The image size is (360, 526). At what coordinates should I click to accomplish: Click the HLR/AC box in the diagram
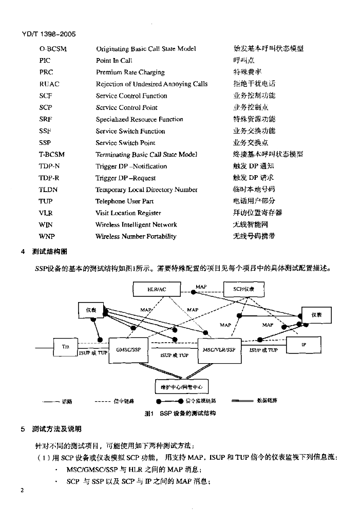click(x=157, y=289)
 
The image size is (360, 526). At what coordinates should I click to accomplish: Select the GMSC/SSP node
click(x=128, y=350)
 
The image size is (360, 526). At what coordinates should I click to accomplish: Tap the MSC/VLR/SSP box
click(x=219, y=350)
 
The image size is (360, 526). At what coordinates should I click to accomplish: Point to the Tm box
click(x=65, y=347)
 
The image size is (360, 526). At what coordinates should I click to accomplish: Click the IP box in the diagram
click(x=304, y=345)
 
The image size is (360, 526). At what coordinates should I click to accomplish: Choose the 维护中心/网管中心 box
click(x=182, y=386)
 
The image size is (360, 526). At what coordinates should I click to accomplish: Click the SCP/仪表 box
click(x=240, y=289)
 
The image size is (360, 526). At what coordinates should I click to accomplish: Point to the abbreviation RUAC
click(x=49, y=84)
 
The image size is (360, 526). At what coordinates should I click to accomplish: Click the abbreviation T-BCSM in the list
click(x=52, y=154)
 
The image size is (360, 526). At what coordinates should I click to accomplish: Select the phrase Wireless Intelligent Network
click(x=136, y=224)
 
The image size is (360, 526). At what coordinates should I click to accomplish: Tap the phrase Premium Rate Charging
click(x=130, y=72)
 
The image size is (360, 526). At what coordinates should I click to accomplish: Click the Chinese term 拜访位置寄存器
click(x=258, y=213)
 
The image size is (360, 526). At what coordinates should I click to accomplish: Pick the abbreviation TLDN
click(x=49, y=190)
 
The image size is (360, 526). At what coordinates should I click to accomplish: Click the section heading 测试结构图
click(x=49, y=252)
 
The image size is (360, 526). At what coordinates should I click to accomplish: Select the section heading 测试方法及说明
click(x=56, y=429)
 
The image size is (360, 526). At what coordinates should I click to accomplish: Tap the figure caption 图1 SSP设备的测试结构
click(x=180, y=413)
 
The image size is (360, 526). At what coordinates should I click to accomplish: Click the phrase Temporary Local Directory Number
click(x=146, y=190)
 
